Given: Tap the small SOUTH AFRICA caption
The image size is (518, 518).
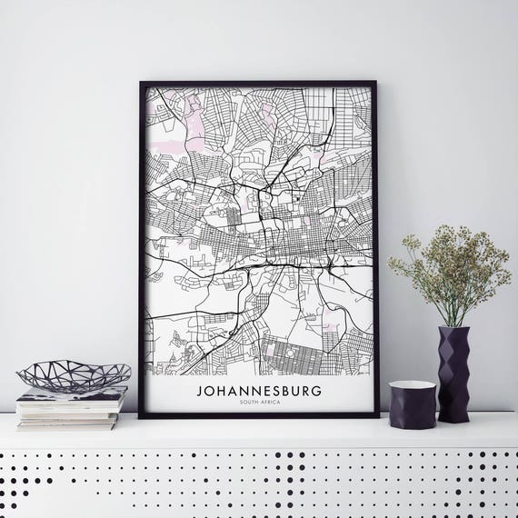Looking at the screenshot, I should (x=258, y=403).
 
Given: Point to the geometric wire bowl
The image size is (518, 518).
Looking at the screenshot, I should (x=74, y=375).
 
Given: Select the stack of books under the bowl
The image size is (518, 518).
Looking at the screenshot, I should (x=72, y=408).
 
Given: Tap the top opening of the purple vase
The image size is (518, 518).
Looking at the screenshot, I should (x=453, y=329).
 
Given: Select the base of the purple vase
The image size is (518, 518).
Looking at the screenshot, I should (x=453, y=419).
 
